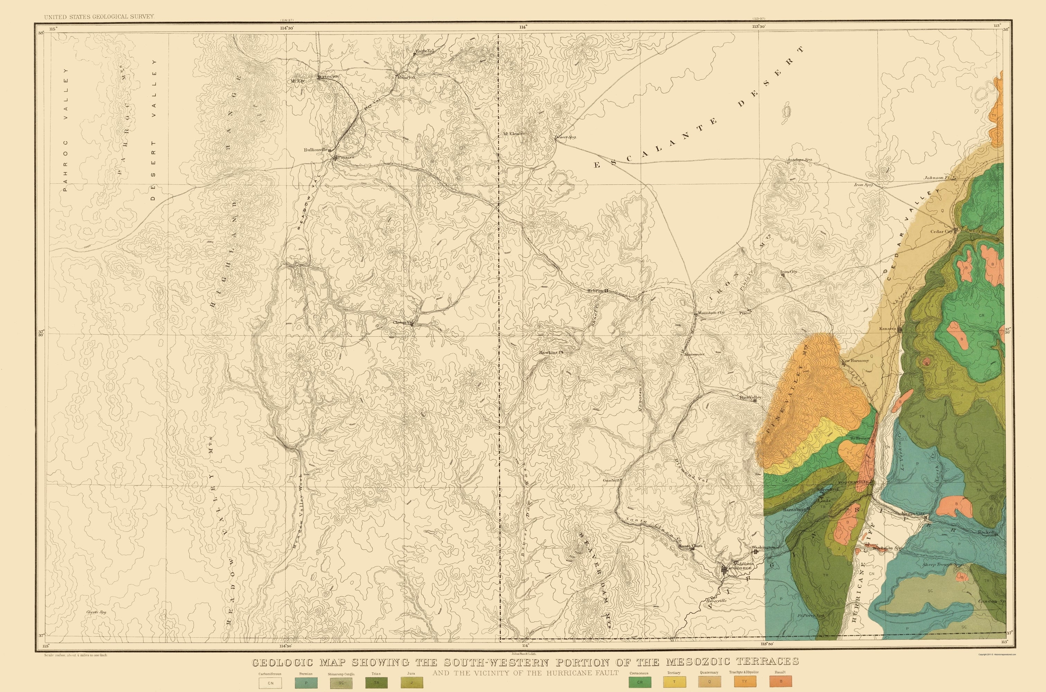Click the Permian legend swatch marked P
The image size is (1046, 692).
point(306,683)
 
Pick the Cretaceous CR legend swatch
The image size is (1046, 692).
point(640,682)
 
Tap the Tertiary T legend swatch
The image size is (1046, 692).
point(674,682)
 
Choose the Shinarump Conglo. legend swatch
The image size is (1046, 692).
point(341,683)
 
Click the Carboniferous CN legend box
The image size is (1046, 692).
point(271,683)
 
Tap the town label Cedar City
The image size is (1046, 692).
point(942,231)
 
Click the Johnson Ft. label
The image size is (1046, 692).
point(937,178)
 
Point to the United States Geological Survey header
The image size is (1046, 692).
point(99,16)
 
